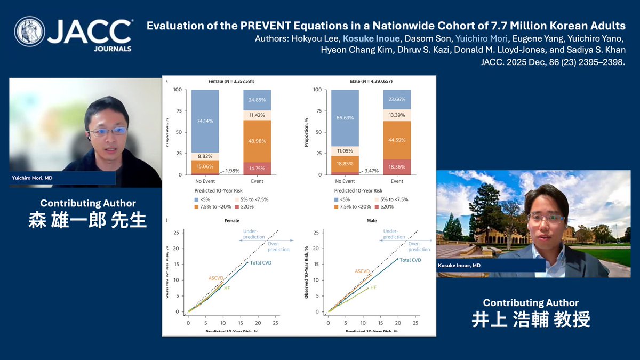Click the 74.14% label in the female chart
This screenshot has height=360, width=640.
[205, 121]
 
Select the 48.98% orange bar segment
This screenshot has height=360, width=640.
[257, 141]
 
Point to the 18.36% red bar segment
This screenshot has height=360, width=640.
[397, 167]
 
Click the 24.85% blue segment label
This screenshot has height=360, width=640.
[257, 100]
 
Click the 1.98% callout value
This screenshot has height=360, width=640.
[233, 170]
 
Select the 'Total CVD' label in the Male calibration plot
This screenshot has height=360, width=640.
[411, 260]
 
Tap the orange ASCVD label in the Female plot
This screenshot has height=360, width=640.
[216, 278]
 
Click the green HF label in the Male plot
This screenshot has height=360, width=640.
[373, 287]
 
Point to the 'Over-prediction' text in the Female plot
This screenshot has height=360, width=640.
[278, 246]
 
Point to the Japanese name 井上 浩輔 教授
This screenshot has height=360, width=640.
[531, 319]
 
